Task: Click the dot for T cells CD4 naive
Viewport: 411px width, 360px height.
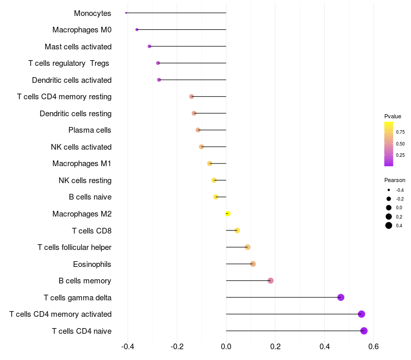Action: point(364,331)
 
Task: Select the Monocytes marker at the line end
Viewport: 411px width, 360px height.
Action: point(126,13)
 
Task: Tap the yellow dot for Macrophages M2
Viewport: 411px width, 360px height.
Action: point(228,213)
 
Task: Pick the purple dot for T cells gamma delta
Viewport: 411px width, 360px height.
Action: point(341,297)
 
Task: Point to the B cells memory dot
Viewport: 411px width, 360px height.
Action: point(271,281)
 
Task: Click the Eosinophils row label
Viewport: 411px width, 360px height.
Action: point(92,264)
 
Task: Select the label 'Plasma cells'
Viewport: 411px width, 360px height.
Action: point(90,130)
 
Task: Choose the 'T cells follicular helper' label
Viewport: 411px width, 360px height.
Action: point(74,247)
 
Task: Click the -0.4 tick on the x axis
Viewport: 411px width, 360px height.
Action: point(128,347)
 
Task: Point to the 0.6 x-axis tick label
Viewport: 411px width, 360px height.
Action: point(373,347)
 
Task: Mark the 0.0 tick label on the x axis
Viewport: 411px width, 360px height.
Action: point(226,347)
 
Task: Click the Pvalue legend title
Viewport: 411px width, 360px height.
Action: point(393,116)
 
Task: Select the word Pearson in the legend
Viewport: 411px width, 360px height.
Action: point(395,180)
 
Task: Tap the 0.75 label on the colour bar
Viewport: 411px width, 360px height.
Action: point(400,132)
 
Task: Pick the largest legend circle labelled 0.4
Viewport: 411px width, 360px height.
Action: point(389,225)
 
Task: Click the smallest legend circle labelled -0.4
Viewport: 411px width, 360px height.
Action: point(389,190)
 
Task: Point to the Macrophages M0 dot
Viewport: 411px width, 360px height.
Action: point(137,29)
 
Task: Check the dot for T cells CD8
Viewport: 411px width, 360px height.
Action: point(237,230)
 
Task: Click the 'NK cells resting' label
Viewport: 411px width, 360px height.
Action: point(85,181)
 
